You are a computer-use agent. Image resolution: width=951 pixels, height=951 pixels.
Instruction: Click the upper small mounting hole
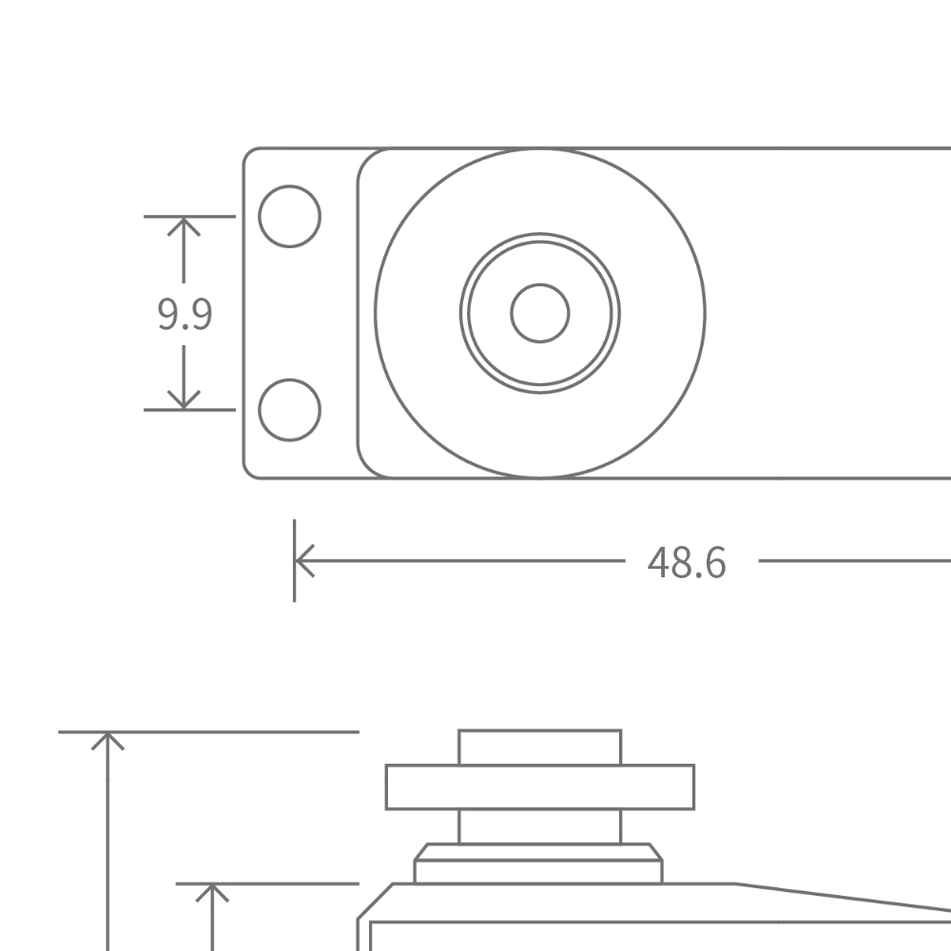click(292, 217)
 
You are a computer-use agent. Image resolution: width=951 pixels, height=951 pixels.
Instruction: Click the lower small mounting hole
click(292, 410)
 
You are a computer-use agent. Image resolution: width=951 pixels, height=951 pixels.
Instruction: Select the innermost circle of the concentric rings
click(539, 311)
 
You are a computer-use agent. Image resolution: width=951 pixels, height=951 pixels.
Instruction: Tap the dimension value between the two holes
click(182, 315)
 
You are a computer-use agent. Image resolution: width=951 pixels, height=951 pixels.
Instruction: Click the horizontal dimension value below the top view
click(689, 561)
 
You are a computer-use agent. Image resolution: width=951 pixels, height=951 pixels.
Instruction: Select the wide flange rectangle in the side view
click(539, 786)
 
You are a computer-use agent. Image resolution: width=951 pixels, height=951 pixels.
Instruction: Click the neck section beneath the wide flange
click(539, 825)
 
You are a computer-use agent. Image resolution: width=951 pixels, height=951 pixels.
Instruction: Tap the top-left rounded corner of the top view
click(243, 154)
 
